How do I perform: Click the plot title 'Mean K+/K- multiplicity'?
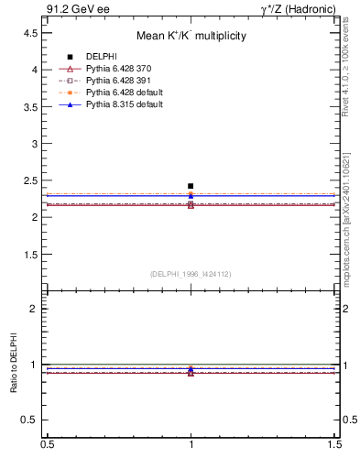click(191, 37)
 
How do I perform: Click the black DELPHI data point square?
click(191, 186)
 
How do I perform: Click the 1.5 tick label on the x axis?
click(336, 443)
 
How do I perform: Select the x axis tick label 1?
click(191, 443)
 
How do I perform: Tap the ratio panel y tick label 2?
click(34, 309)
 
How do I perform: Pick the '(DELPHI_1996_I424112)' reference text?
click(191, 273)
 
